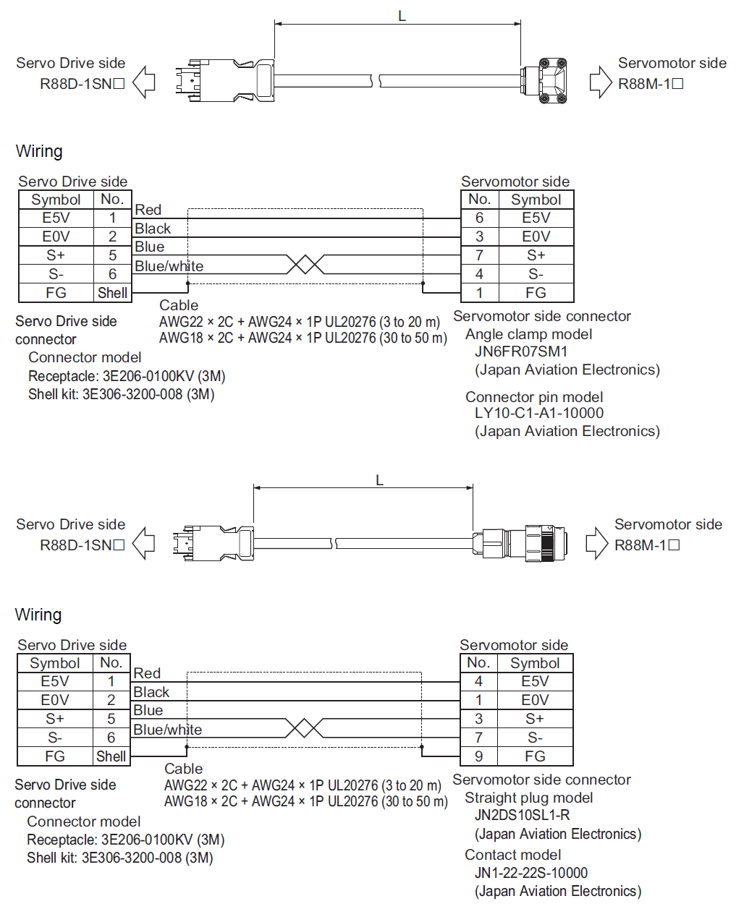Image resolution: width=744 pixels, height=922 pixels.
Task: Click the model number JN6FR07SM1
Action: point(520,351)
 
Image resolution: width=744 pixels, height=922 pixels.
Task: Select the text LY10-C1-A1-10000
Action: point(538,413)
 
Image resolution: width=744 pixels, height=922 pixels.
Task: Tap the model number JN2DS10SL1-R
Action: point(522,815)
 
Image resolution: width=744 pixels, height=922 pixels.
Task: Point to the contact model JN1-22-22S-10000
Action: point(530,873)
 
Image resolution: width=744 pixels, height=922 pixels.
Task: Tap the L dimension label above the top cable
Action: point(402,16)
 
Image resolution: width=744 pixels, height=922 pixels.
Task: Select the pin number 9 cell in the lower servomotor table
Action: point(478,756)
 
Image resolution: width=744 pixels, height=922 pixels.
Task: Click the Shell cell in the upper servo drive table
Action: point(112,293)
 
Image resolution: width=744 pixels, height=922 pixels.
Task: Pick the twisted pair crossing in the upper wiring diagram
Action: point(305,264)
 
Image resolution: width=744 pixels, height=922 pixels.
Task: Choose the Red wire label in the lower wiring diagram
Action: point(147,673)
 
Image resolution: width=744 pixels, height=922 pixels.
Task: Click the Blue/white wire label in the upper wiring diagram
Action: point(169,266)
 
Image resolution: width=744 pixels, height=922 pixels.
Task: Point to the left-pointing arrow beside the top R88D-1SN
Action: point(144,82)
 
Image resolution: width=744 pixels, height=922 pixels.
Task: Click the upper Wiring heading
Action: point(39,151)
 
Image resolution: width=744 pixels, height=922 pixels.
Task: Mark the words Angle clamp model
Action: point(528,334)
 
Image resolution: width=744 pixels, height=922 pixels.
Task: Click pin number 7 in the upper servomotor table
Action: point(479,255)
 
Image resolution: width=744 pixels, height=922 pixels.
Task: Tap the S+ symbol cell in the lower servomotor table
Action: point(535,719)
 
